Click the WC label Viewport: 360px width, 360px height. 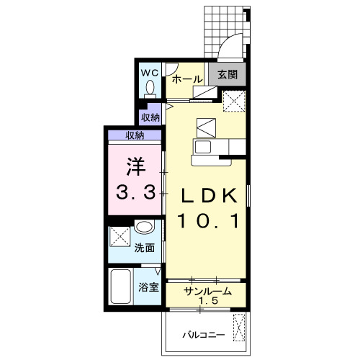click(150, 73)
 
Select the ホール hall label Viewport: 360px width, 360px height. click(187, 79)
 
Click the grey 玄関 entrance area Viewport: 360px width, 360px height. click(228, 74)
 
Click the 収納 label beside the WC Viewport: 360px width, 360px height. click(150, 117)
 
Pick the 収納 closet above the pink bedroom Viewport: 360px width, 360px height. click(135, 135)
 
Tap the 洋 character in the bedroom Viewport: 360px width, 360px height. click(136, 166)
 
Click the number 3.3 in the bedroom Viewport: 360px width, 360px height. click(135, 192)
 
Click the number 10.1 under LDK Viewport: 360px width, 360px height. click(208, 221)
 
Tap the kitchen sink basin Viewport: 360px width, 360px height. click(203, 147)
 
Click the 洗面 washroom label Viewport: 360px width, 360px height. click(144, 248)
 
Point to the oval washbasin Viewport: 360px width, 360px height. click(143, 226)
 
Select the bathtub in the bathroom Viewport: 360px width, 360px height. click(121, 287)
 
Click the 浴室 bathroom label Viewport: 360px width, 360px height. click(148, 287)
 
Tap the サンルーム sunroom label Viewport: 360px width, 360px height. click(207, 292)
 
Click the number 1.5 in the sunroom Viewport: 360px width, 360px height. click(208, 300)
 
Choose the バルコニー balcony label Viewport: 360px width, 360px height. click(204, 335)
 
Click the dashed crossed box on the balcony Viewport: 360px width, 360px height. click(240, 327)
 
